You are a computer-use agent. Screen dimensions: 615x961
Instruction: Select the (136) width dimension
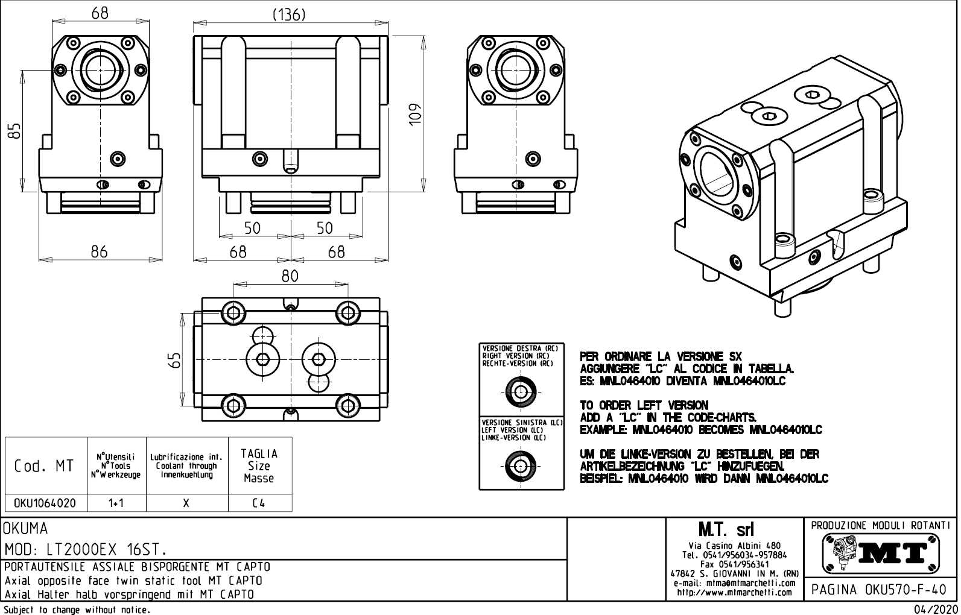[289, 14]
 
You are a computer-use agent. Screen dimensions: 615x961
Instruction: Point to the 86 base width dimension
[99, 251]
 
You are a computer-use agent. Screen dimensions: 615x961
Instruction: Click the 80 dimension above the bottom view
[290, 276]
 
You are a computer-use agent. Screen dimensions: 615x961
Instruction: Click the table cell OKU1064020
[45, 503]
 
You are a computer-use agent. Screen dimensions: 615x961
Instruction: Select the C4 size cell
[259, 503]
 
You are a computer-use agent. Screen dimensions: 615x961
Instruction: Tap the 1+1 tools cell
[116, 503]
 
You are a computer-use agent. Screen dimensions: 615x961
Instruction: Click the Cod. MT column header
[45, 465]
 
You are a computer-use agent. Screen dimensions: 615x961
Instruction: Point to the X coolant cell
[186, 503]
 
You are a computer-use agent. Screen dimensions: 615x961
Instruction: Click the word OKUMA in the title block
[25, 529]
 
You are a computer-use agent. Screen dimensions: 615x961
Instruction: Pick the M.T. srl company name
[734, 530]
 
